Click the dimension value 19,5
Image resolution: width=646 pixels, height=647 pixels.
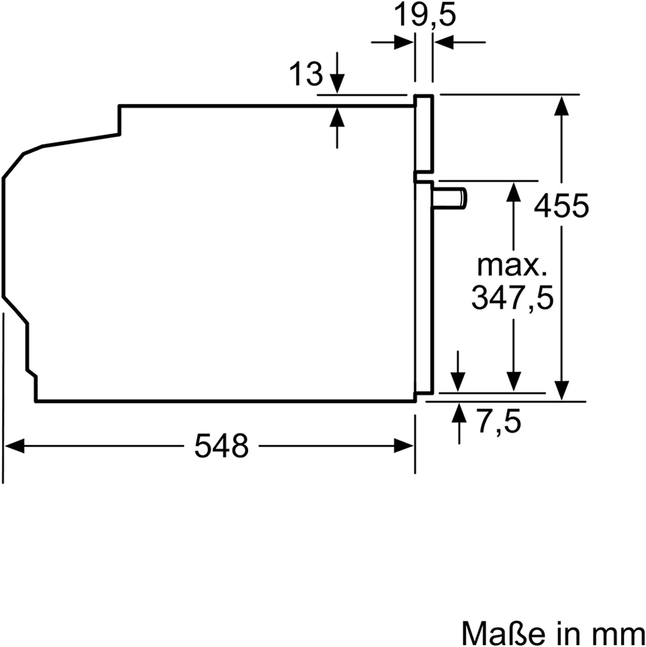pyautogui.click(x=425, y=16)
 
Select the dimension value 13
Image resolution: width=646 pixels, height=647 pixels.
pyautogui.click(x=306, y=74)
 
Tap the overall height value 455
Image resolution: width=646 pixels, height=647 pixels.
pyautogui.click(x=561, y=206)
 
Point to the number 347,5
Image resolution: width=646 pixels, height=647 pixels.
pyautogui.click(x=512, y=298)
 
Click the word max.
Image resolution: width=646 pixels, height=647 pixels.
pyautogui.click(x=512, y=266)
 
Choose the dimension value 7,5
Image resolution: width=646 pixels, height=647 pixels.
pyautogui.click(x=499, y=421)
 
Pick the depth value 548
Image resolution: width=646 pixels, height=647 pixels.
pyautogui.click(x=221, y=446)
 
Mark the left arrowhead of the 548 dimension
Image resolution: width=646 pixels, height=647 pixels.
pyautogui.click(x=14, y=446)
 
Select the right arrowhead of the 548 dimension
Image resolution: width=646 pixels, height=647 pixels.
pyautogui.click(x=404, y=446)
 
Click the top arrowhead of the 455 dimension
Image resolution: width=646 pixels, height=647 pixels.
pyautogui.click(x=561, y=105)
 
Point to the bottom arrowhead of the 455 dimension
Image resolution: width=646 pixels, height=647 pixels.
pyautogui.click(x=561, y=390)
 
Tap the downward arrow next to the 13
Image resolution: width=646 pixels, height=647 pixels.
pyautogui.click(x=337, y=82)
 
